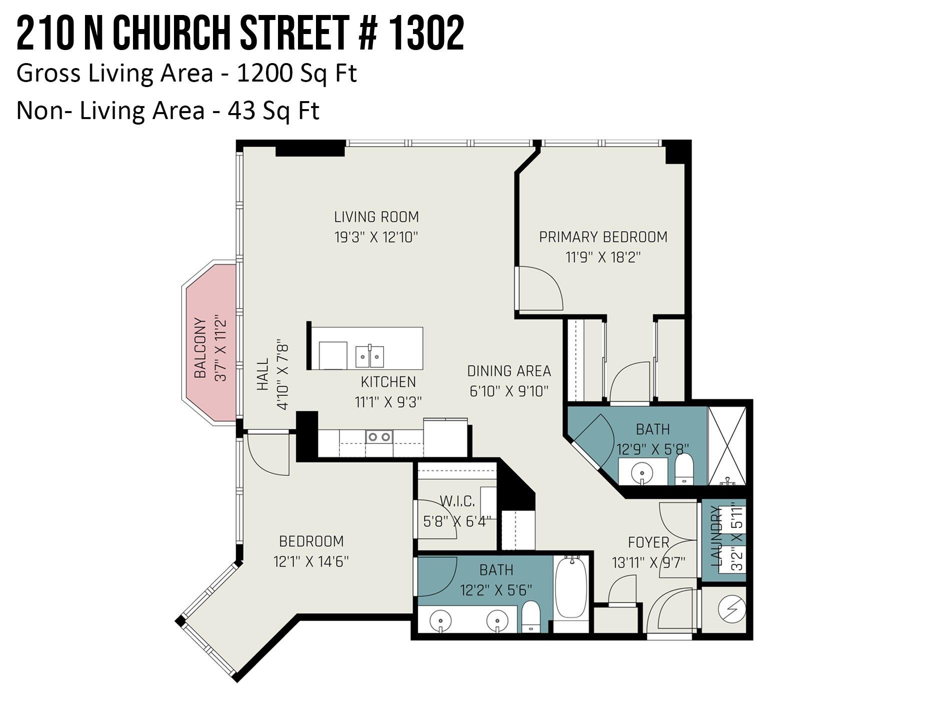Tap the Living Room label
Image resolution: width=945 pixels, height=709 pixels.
tap(376, 217)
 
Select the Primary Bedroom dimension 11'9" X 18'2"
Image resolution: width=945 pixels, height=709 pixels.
tap(603, 258)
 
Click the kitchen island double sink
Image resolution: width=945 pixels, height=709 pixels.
tap(369, 356)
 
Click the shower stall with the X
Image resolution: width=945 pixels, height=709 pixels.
tap(727, 445)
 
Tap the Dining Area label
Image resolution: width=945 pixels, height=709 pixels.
tap(509, 371)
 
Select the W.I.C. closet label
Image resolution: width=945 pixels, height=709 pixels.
tap(457, 501)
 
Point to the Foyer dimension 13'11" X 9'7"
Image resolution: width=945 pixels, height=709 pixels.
tap(648, 563)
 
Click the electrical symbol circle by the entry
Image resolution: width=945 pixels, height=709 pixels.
tap(731, 609)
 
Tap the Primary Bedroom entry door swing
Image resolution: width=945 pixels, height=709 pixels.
tap(540, 289)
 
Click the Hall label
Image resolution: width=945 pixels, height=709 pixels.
tap(263, 374)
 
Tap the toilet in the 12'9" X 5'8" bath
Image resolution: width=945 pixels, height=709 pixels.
tap(683, 469)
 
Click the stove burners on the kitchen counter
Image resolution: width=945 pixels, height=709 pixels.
tap(379, 437)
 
